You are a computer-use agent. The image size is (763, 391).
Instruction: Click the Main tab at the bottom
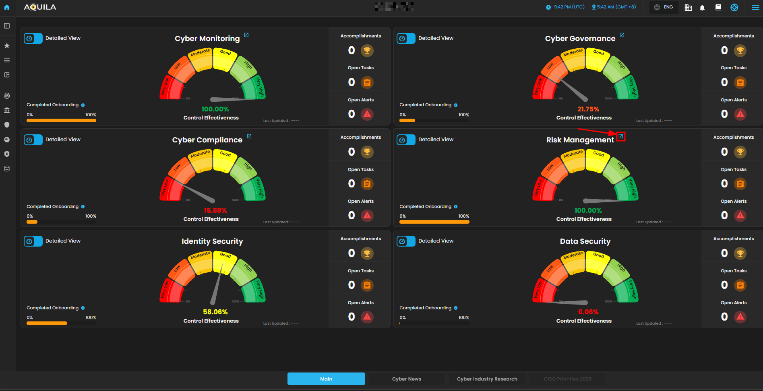326,379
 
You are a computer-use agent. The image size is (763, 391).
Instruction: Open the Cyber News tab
407,379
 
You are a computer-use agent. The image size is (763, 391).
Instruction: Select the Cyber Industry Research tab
487,379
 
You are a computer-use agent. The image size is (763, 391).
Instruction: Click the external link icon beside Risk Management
621,136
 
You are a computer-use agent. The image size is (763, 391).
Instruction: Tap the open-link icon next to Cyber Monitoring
246,35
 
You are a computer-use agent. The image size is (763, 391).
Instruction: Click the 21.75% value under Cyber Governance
588,109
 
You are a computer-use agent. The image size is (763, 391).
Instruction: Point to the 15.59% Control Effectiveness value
215,211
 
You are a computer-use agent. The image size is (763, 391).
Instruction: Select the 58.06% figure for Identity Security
215,312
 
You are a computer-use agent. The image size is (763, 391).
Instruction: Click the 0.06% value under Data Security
588,312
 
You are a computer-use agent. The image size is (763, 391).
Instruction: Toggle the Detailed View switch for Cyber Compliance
33,140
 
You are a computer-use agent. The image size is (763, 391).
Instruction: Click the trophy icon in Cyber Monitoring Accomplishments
367,51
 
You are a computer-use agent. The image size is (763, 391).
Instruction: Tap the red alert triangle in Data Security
740,317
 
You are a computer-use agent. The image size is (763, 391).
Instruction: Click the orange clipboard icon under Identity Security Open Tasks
367,285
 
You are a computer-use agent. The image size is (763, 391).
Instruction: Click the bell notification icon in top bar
702,8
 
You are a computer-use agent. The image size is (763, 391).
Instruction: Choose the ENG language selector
664,7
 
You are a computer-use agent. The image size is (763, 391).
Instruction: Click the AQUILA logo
40,7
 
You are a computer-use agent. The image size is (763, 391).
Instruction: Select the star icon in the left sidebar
7,46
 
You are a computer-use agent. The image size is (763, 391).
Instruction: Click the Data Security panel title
585,241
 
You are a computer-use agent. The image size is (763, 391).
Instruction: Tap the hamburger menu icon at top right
755,8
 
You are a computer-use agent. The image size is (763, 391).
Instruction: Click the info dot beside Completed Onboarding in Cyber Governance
456,105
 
